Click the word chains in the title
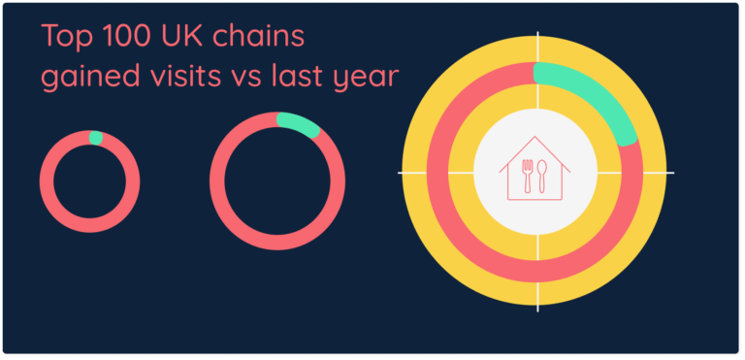tap(257, 39)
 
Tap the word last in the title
tap(297, 76)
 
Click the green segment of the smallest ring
tap(95, 138)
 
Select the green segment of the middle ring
tap(299, 125)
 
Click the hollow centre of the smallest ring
tap(89, 180)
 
